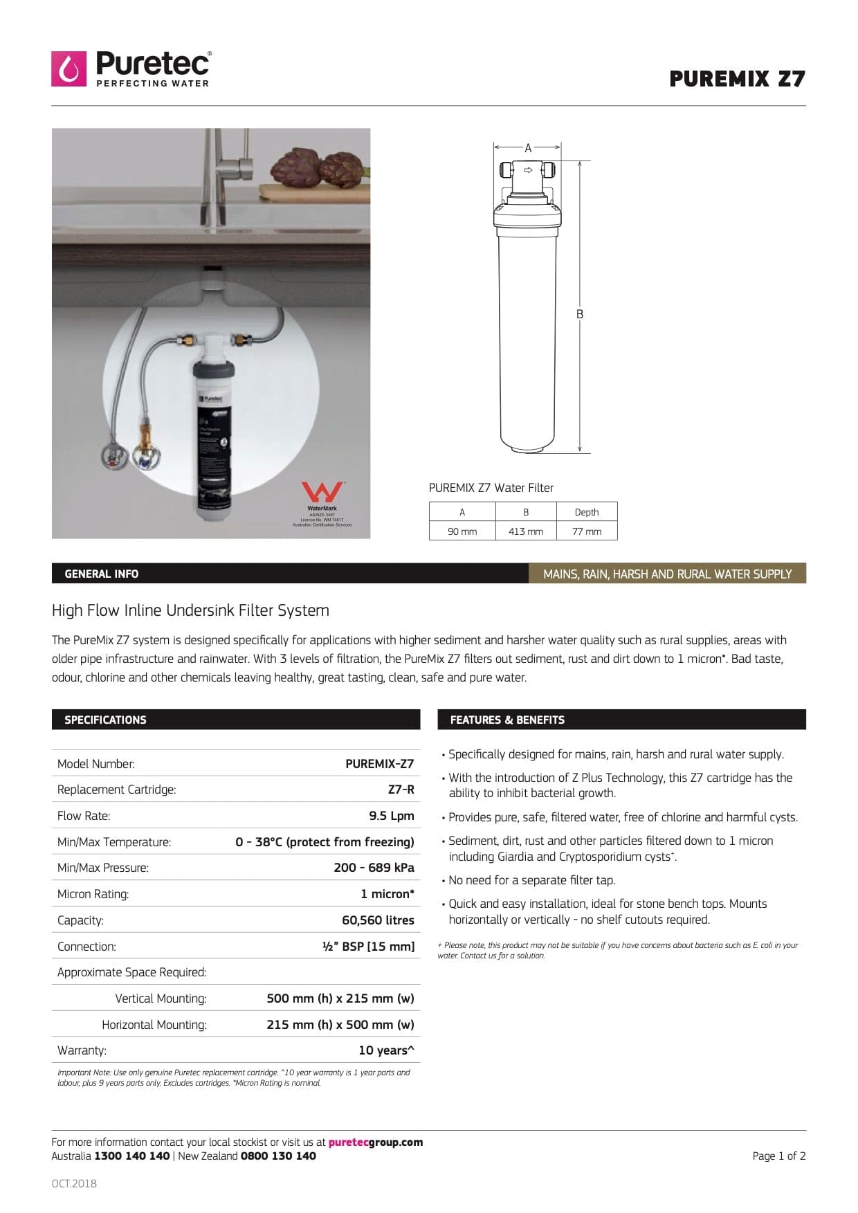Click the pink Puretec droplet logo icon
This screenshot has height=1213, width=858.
pyautogui.click(x=69, y=69)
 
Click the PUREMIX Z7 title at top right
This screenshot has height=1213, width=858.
pyautogui.click(x=737, y=79)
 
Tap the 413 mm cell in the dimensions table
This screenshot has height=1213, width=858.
pyautogui.click(x=526, y=531)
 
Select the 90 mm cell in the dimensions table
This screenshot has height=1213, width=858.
pyautogui.click(x=462, y=531)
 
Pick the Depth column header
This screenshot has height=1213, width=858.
pyautogui.click(x=586, y=512)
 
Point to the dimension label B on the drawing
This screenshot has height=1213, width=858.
pyautogui.click(x=580, y=314)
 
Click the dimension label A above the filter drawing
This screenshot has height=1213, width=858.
pyautogui.click(x=528, y=148)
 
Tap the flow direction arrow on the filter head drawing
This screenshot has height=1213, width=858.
pyautogui.click(x=528, y=170)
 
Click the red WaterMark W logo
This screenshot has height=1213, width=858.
pyautogui.click(x=322, y=492)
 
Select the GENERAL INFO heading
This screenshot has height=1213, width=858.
pyautogui.click(x=102, y=574)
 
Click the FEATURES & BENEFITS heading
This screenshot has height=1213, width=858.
pyautogui.click(x=507, y=720)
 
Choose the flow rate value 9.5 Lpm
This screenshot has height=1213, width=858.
pyautogui.click(x=392, y=816)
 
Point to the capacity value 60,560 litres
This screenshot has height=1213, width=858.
pyautogui.click(x=378, y=920)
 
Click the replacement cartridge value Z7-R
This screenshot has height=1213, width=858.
pyautogui.click(x=401, y=790)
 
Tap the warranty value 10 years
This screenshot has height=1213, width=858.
pyautogui.click(x=386, y=1050)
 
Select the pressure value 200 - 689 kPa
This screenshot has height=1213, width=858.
pyautogui.click(x=374, y=868)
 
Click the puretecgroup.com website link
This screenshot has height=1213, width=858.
pyautogui.click(x=375, y=1142)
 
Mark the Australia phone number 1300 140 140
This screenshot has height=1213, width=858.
pyautogui.click(x=131, y=1156)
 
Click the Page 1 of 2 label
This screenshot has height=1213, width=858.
pyautogui.click(x=778, y=1156)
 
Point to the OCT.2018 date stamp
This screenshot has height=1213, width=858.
pyautogui.click(x=74, y=1183)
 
